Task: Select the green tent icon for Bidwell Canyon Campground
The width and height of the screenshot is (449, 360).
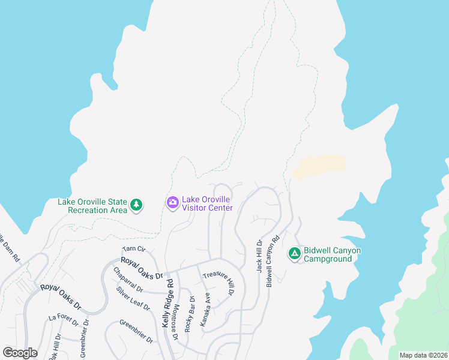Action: pos(294,254)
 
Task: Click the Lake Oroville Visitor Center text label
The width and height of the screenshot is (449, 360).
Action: pos(208,203)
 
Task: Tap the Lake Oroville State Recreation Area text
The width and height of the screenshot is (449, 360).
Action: pos(92,206)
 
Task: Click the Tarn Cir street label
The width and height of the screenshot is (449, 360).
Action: pos(134,249)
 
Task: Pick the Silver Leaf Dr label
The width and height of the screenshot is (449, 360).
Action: pos(133,298)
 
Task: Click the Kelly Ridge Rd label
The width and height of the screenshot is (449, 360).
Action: pos(167,301)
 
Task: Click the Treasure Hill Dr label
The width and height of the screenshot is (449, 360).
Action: pos(217,283)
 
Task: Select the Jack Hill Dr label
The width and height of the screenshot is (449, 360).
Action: pos(259,257)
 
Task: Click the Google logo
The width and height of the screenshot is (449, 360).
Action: pos(20,353)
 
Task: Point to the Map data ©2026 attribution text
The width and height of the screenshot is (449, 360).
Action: pos(423,355)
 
